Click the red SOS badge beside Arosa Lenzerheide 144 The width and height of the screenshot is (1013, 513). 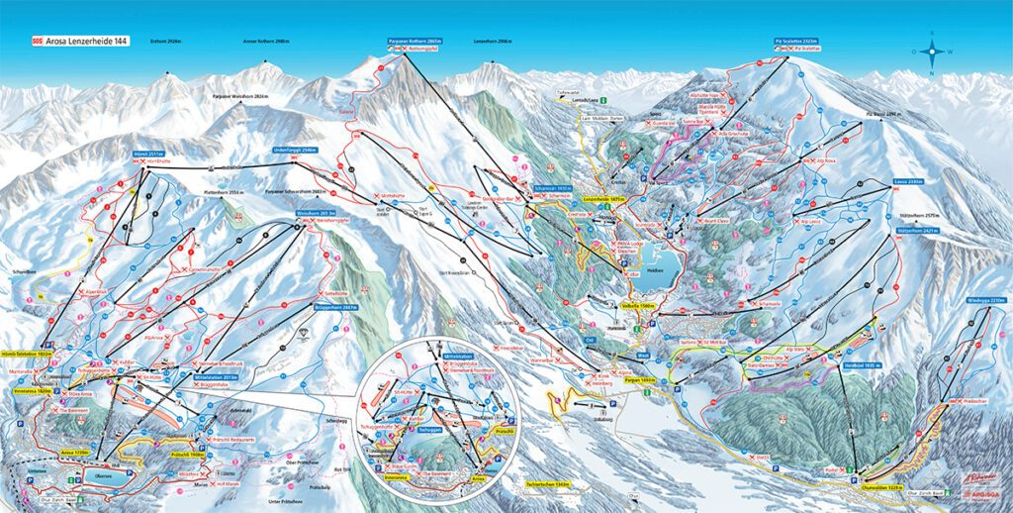(39, 42)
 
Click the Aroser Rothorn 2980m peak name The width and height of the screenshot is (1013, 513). (264, 42)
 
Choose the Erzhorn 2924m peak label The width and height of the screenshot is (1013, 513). (164, 42)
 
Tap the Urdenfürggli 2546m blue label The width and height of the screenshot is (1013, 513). (294, 150)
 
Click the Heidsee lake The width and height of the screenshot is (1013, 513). (655, 269)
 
